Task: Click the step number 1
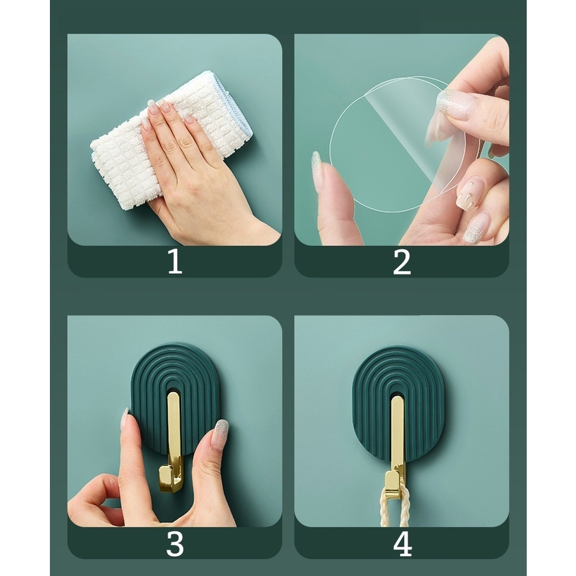[175, 261]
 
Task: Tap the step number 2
[401, 262]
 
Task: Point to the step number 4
[403, 543]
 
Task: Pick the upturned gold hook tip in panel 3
[164, 478]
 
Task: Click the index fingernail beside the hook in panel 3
[125, 419]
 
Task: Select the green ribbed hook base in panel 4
[398, 403]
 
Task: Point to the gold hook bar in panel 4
[397, 441]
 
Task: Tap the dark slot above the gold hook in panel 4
[397, 393]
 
